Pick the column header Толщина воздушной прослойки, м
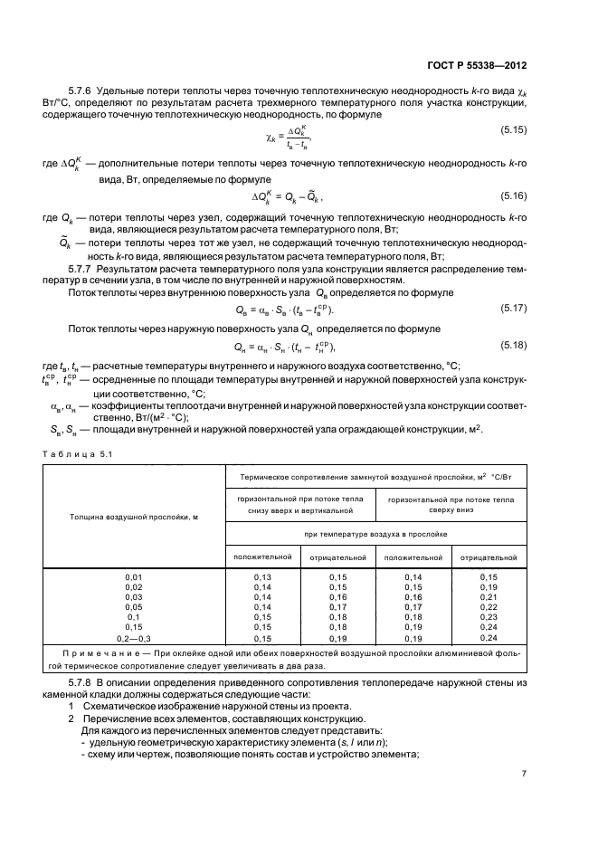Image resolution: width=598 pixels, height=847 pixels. [x=134, y=516]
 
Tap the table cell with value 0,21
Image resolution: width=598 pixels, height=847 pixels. [x=489, y=598]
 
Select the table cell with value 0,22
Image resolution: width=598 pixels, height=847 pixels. [x=489, y=608]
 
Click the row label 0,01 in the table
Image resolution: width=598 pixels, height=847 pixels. [x=134, y=576]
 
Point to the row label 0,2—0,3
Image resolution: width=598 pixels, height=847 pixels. [x=134, y=639]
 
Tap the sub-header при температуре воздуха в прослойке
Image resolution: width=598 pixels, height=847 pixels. [x=375, y=536]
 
